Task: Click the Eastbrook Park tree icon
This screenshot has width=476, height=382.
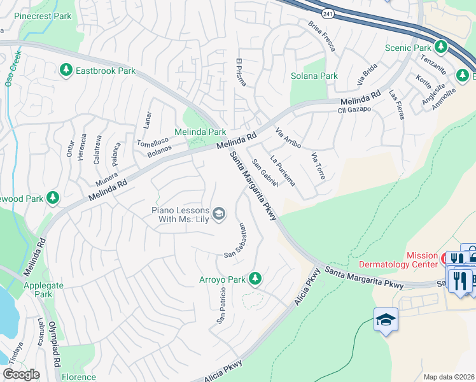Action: point(66,69)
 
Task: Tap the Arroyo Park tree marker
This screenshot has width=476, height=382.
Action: point(255,278)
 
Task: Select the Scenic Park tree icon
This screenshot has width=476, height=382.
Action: point(440,47)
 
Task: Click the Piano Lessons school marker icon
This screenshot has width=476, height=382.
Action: point(219,213)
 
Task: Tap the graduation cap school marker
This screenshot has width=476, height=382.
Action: point(386,318)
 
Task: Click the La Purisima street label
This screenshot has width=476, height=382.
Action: point(283,170)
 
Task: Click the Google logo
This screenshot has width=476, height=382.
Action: point(22,374)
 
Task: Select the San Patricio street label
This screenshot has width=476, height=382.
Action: point(221,308)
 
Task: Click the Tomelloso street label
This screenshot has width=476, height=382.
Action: point(153,142)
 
